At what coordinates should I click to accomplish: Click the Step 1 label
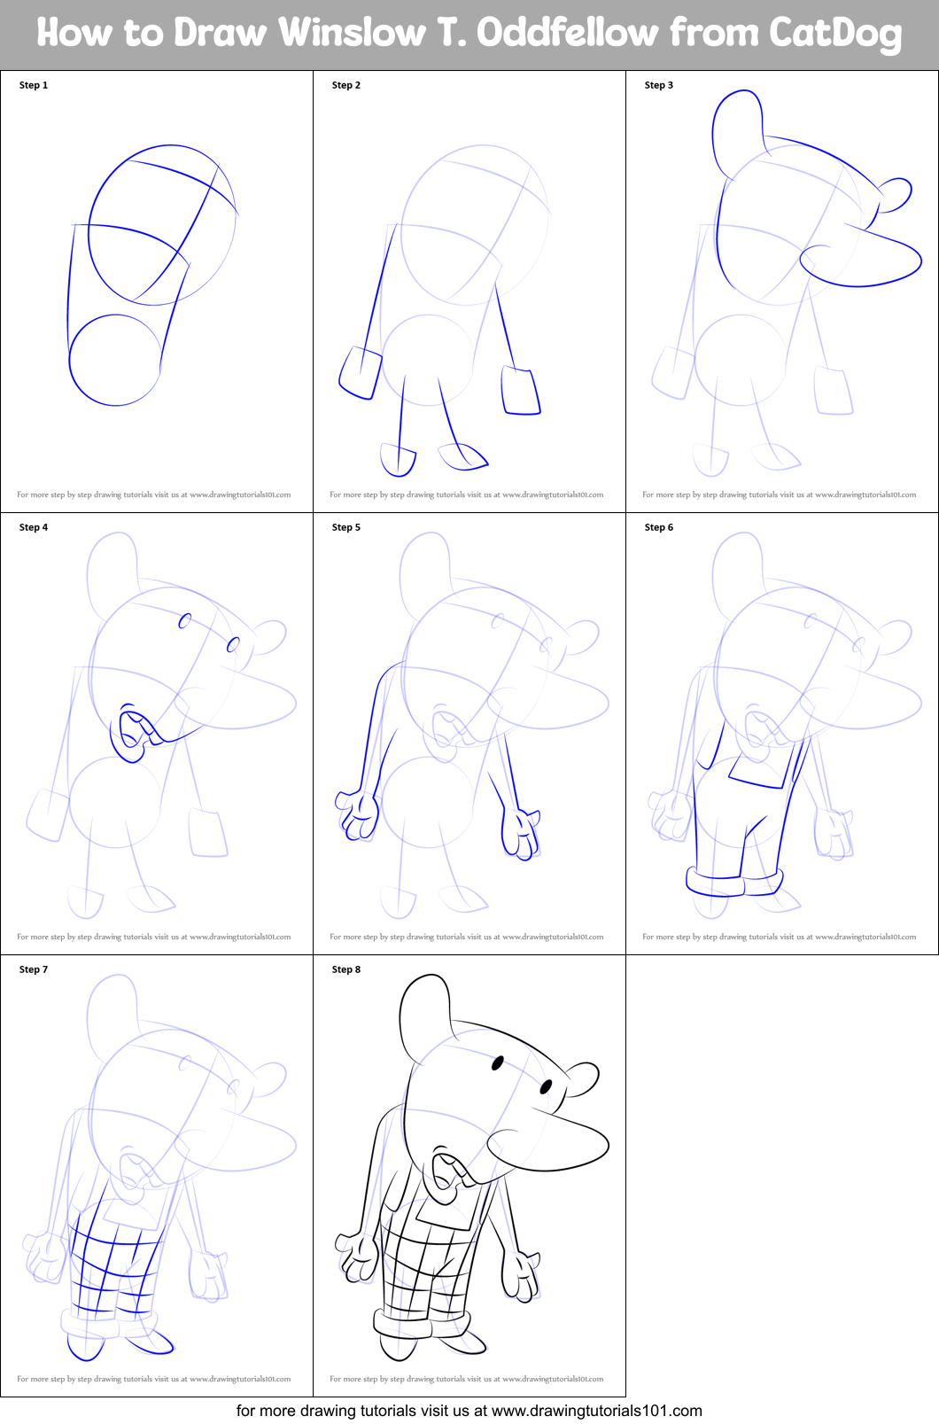coord(34,85)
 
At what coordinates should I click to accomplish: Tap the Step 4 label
coord(34,527)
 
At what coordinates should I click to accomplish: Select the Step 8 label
coord(346,969)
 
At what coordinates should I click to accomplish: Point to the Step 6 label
coord(659,527)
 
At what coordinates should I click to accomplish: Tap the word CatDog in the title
coord(835,33)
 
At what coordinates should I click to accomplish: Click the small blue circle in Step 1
coord(115,360)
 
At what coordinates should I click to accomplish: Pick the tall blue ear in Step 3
coord(737,128)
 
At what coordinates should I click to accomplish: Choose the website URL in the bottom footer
coord(596,1411)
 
